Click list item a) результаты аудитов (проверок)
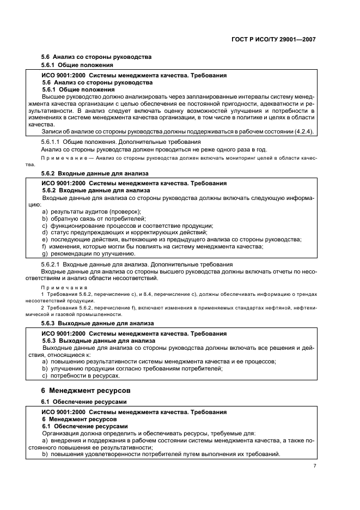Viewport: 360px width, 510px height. [91, 211]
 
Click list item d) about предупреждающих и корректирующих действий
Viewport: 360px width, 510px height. [115, 232]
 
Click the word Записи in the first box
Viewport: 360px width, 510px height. [52, 131]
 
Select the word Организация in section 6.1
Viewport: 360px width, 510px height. [60, 433]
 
